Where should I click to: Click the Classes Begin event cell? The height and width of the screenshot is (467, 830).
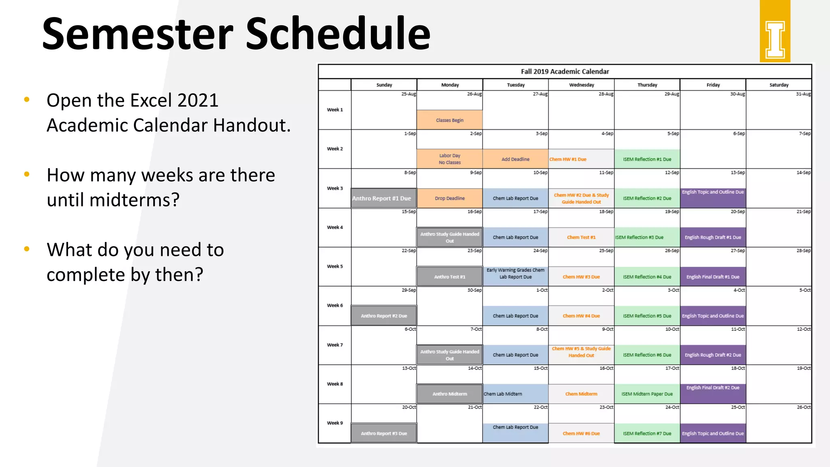449,120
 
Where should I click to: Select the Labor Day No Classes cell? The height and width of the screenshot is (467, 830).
449,159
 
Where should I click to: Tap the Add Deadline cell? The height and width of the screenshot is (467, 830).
515,159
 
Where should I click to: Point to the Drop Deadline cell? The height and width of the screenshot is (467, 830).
449,198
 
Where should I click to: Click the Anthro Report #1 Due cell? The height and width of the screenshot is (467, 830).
383,198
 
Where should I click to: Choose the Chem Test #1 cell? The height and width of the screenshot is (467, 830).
581,238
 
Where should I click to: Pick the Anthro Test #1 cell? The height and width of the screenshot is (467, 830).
449,276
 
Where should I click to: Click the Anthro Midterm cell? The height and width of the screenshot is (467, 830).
449,394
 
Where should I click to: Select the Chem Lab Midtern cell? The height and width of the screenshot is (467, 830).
515,394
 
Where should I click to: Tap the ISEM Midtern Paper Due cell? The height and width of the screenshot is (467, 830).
647,394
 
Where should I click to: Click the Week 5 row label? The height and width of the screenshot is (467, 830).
335,266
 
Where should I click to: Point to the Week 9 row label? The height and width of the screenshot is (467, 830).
335,423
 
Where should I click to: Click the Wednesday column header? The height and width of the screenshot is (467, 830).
581,85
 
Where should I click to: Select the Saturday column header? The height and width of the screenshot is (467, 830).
779,85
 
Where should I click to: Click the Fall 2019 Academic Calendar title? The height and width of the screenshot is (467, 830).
565,71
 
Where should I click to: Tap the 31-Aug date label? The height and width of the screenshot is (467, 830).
803,94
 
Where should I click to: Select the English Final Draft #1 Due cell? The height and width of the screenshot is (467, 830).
712,276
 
